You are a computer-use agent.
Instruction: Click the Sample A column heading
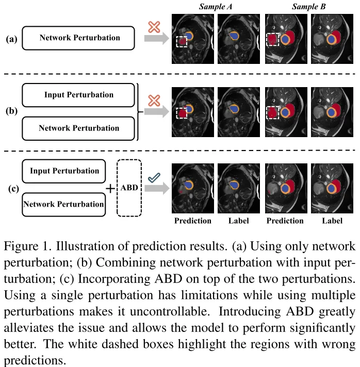tap(216, 7)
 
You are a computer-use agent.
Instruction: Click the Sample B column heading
tap(309, 7)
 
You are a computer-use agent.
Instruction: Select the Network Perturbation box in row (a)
tap(78, 38)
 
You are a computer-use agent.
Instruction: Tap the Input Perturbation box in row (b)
tap(78, 95)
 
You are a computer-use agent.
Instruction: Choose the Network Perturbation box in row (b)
tap(78, 128)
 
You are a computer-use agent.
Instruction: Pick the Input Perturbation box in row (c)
tap(64, 171)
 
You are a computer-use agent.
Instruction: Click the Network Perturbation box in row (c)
tap(64, 205)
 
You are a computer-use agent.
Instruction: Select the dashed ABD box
tap(129, 188)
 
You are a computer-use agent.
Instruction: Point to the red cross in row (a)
tap(154, 27)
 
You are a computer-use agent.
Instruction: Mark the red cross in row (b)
tap(154, 101)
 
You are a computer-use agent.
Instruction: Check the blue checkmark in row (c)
tap(154, 178)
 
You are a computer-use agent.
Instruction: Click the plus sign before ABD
tap(110, 189)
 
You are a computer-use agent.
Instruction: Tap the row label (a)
tap(11, 39)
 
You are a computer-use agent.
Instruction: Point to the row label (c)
tap(13, 189)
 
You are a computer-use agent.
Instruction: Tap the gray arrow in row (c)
tap(157, 188)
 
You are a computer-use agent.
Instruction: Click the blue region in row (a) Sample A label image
tap(234, 36)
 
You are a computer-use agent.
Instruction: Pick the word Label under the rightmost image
tap(332, 221)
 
